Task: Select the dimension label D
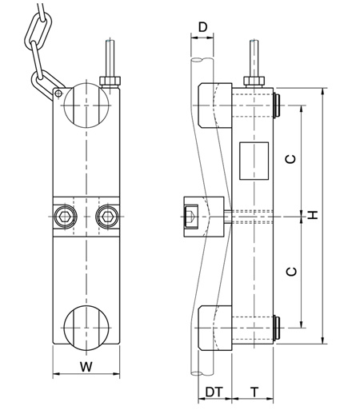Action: (x=202, y=28)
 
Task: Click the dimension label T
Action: (x=254, y=392)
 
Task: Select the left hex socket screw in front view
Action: (x=64, y=216)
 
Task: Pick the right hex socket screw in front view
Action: (x=106, y=216)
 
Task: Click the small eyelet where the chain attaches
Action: (x=58, y=94)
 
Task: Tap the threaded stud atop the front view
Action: (x=108, y=59)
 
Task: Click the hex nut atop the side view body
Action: (x=254, y=79)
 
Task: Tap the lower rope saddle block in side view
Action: (x=212, y=328)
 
